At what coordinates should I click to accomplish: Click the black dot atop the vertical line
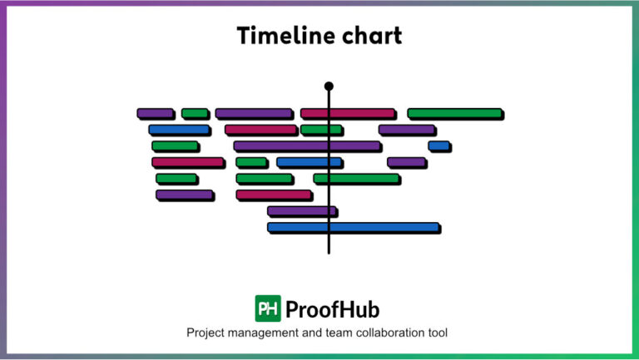pyautogui.click(x=329, y=86)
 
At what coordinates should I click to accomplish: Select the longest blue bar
pyautogui.click(x=353, y=227)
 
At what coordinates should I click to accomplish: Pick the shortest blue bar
pyautogui.click(x=438, y=146)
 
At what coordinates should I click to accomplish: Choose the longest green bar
pyautogui.click(x=454, y=113)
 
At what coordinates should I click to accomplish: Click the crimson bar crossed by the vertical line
pyautogui.click(x=347, y=113)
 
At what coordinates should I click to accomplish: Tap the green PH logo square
pyautogui.click(x=268, y=308)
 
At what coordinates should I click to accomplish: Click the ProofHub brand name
pyautogui.click(x=332, y=309)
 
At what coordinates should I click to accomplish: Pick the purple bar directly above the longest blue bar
pyautogui.click(x=301, y=211)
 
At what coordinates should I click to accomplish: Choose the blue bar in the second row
pyautogui.click(x=179, y=130)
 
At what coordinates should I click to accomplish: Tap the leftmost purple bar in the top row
pyautogui.click(x=155, y=113)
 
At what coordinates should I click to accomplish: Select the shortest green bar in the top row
pyautogui.click(x=195, y=113)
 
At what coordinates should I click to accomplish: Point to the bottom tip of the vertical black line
pyautogui.click(x=329, y=252)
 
